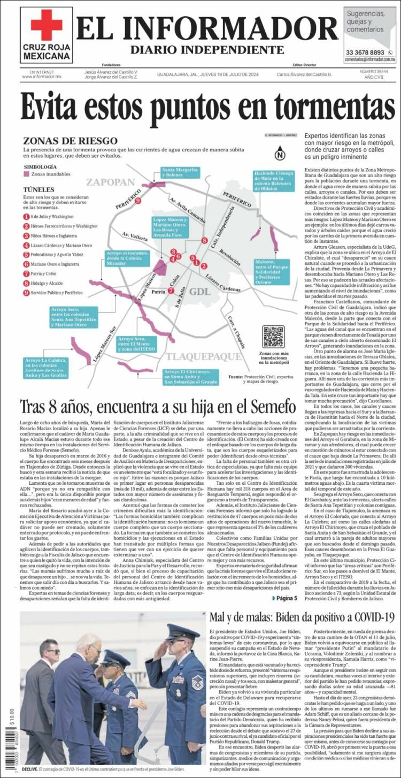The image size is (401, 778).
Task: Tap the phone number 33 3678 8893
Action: pyautogui.click(x=365, y=52)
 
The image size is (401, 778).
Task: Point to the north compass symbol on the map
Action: pyautogui.click(x=280, y=156)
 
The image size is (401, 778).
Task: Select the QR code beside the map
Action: pyautogui.click(x=273, y=337)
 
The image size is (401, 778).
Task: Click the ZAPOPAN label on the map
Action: pyautogui.click(x=111, y=182)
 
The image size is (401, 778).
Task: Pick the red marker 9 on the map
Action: pyautogui.click(x=138, y=201)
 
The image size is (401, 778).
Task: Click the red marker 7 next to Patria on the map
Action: pyautogui.click(x=171, y=291)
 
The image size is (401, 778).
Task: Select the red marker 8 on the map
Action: pyautogui.click(x=204, y=240)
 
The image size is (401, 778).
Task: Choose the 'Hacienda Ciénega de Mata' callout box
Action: pyautogui.click(x=273, y=181)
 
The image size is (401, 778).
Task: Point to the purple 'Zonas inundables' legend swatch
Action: pyautogui.click(x=26, y=174)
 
